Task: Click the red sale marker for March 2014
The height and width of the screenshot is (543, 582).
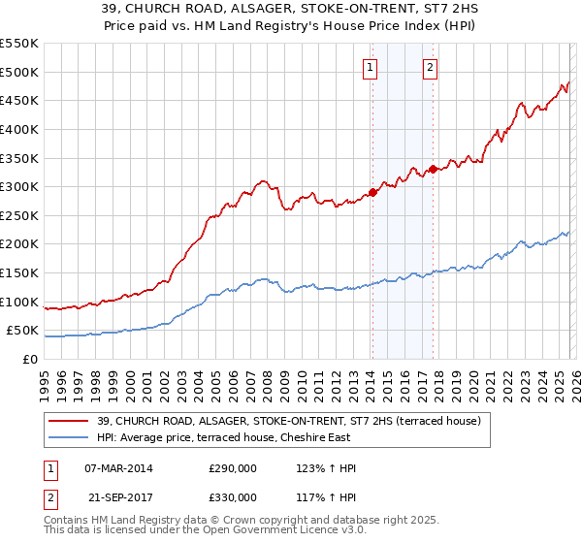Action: point(372,192)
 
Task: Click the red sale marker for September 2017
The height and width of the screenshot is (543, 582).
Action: point(433,169)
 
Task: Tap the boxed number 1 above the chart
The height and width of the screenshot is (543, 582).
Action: point(372,68)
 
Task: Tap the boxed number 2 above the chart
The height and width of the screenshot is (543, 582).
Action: point(430,68)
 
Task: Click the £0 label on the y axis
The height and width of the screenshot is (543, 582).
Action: point(30,360)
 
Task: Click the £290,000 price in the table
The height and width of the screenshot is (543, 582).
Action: point(233,468)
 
